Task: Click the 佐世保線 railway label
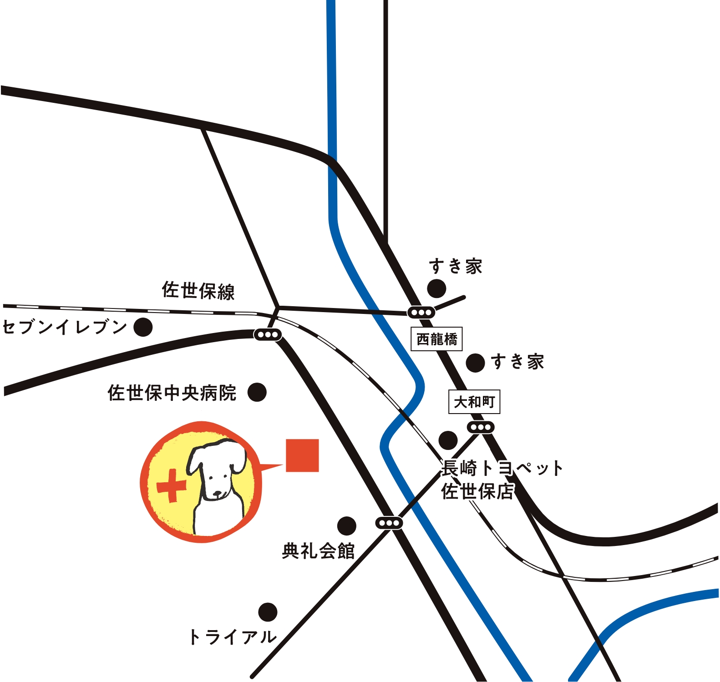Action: tap(198, 291)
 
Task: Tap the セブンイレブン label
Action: tap(65, 327)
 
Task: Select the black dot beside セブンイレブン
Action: tap(143, 327)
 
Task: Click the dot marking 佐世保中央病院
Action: tap(257, 392)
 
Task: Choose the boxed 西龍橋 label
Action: tap(436, 339)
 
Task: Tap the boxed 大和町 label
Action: tap(474, 402)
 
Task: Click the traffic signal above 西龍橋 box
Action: tap(421, 313)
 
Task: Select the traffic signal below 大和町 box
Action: tap(481, 427)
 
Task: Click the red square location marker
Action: tap(302, 455)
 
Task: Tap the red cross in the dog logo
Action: tap(171, 486)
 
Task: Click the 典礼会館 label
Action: tap(318, 551)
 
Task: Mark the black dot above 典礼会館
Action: tap(346, 526)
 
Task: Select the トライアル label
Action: tap(233, 637)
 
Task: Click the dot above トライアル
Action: tap(268, 612)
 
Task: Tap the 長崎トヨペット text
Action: tap(502, 468)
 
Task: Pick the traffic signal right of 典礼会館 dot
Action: tap(389, 523)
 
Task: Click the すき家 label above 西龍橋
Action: tap(455, 267)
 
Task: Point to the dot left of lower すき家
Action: tap(475, 363)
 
